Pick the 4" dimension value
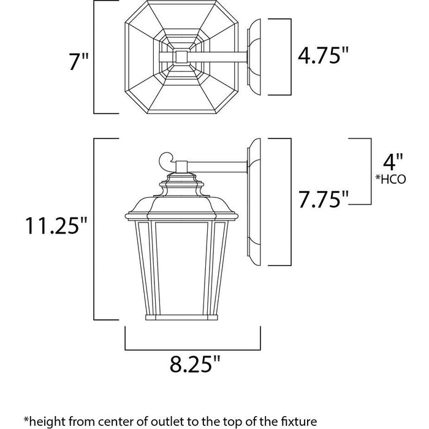(393, 162)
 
